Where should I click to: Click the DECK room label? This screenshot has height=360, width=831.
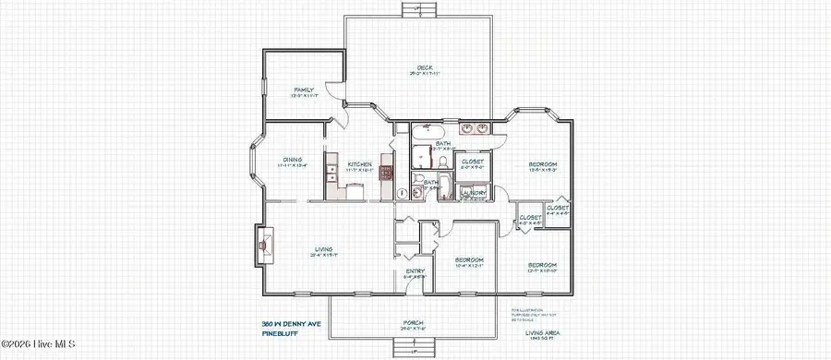[x=425, y=66]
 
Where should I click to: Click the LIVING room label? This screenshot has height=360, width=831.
[x=322, y=248]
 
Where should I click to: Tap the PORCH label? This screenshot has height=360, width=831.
[x=412, y=322]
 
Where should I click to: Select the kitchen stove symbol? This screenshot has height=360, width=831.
[x=386, y=172]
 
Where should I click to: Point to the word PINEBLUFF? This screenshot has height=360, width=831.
[x=279, y=334]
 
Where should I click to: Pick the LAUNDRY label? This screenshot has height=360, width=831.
[x=473, y=192]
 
